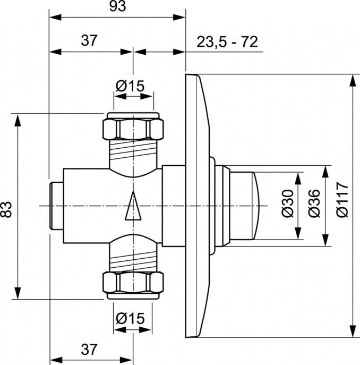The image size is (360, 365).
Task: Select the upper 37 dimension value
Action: click(91, 41)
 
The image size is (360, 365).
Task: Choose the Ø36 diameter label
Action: click(314, 205)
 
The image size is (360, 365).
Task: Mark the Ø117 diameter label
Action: click(343, 205)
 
